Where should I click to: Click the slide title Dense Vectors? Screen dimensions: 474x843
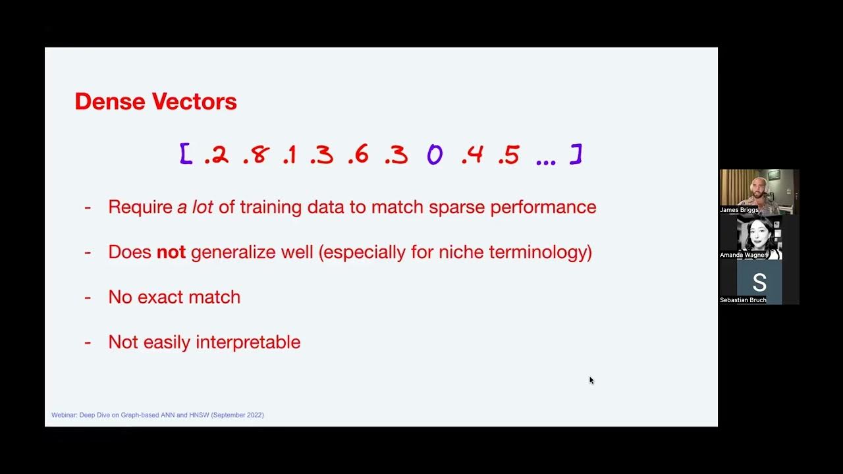(155, 102)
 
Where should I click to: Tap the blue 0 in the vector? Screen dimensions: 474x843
(435, 155)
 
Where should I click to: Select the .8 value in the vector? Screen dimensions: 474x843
(256, 155)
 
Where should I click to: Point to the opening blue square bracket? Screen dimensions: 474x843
(186, 154)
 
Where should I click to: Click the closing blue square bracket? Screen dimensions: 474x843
(576, 154)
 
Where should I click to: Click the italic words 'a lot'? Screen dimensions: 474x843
(195, 207)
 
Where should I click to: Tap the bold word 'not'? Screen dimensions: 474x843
(171, 252)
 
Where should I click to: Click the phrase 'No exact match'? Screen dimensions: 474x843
(174, 297)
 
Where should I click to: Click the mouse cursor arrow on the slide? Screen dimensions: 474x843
(591, 380)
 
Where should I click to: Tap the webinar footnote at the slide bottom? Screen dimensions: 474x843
(157, 415)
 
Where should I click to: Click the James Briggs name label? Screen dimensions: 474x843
(739, 210)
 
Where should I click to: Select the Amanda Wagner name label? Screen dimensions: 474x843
(743, 255)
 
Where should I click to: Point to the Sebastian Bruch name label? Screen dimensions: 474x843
(743, 300)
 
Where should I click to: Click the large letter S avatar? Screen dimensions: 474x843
(759, 282)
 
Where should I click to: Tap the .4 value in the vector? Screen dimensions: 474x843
(472, 155)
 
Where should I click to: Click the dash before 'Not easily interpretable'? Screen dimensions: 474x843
(88, 342)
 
